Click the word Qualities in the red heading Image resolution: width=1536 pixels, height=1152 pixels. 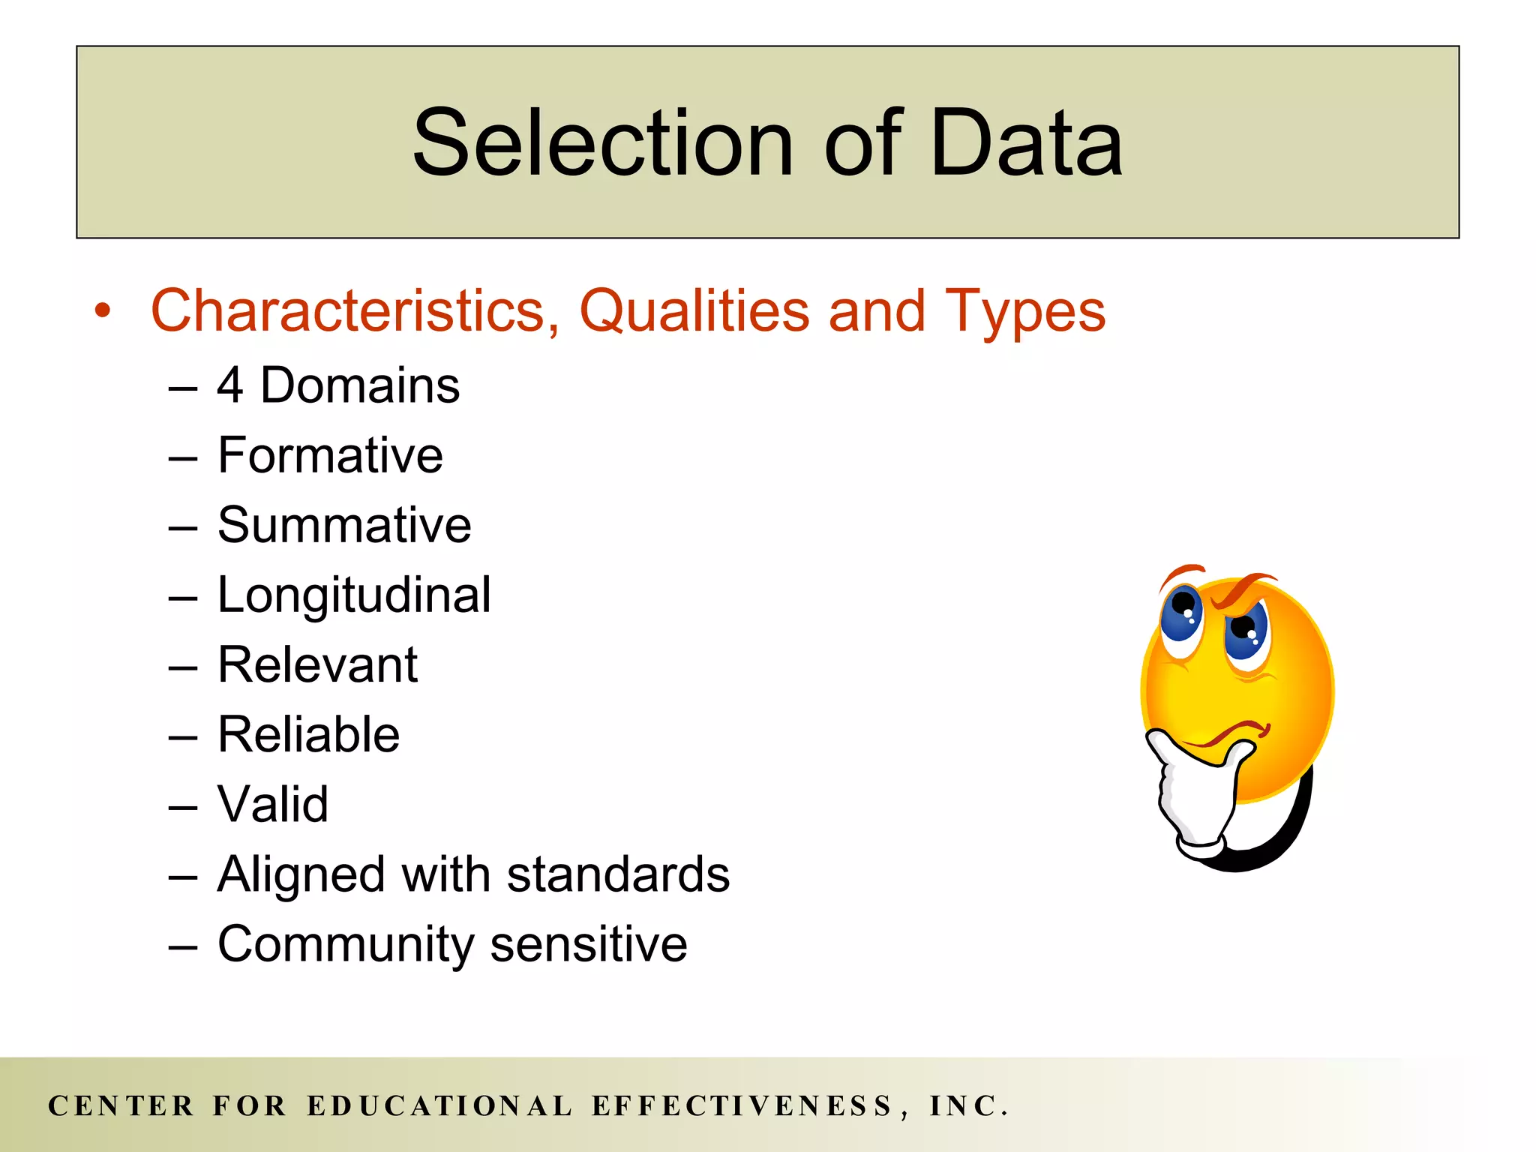[x=694, y=310]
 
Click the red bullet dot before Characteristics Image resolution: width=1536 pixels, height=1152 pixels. [x=103, y=311]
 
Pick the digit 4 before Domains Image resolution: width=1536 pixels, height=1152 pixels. [x=229, y=385]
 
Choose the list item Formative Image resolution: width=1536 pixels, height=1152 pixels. [x=330, y=455]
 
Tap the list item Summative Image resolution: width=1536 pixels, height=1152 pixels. [x=344, y=525]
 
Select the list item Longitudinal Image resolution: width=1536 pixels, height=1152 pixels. [x=354, y=595]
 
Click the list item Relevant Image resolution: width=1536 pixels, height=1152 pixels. [x=317, y=664]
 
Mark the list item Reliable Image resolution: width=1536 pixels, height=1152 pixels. [x=308, y=734]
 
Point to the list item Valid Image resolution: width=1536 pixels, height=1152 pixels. [x=273, y=804]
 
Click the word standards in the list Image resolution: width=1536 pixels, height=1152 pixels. [x=618, y=874]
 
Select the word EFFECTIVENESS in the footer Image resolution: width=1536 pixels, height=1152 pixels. [x=742, y=1106]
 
